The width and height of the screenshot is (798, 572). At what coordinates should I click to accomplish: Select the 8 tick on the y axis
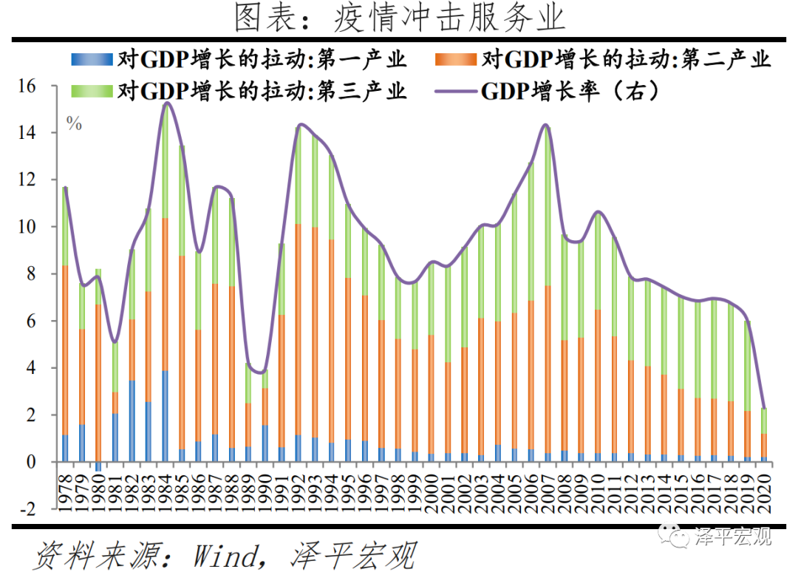pos(30,274)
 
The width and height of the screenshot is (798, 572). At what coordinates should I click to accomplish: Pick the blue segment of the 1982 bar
pos(132,421)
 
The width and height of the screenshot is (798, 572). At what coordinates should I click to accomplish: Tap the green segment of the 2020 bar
pos(765,421)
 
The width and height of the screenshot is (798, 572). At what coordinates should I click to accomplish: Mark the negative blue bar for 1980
pos(99,466)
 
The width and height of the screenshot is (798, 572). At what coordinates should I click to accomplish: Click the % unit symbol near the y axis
pos(74,124)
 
